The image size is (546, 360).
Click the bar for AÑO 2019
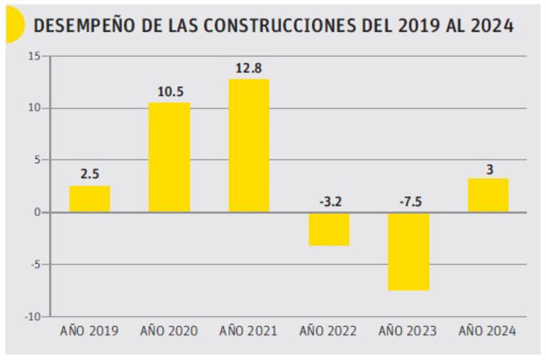(89, 199)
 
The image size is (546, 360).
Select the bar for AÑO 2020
(169, 157)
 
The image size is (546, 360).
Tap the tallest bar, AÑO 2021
(248, 145)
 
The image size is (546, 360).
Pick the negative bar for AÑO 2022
(328, 229)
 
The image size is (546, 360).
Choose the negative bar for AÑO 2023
(408, 251)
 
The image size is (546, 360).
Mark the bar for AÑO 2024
(488, 196)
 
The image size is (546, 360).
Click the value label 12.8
(248, 69)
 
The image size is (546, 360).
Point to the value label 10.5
(169, 92)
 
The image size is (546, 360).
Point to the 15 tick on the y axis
(35, 56)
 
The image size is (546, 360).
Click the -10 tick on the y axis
(33, 317)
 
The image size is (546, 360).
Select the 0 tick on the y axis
(38, 213)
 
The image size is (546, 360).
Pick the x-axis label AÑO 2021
(248, 331)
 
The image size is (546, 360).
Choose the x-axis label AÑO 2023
(408, 331)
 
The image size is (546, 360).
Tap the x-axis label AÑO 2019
(89, 331)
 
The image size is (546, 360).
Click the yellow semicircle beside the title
(12, 26)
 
